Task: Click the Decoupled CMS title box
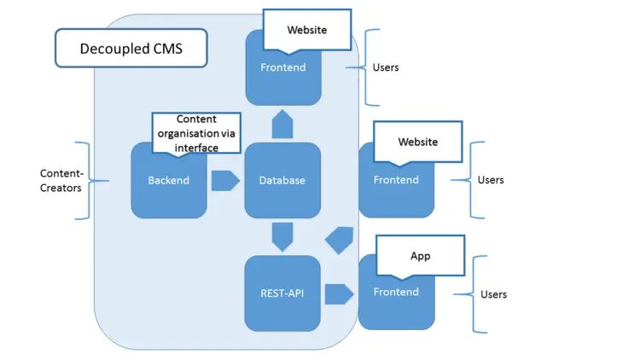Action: coord(131,49)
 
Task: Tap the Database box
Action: coord(282,180)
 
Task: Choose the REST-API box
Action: coord(282,293)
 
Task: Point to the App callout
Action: coord(420,255)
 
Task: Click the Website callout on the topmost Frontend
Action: coord(306,30)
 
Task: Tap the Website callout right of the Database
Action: coord(418,142)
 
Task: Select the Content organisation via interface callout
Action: coord(196,132)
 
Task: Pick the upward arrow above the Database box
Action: coord(282,125)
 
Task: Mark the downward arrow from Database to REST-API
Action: coord(282,235)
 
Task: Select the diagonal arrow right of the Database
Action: coord(340,239)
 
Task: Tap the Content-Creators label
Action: coord(61,180)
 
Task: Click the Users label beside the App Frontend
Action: coord(493,294)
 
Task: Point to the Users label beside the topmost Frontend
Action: coord(386,67)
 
